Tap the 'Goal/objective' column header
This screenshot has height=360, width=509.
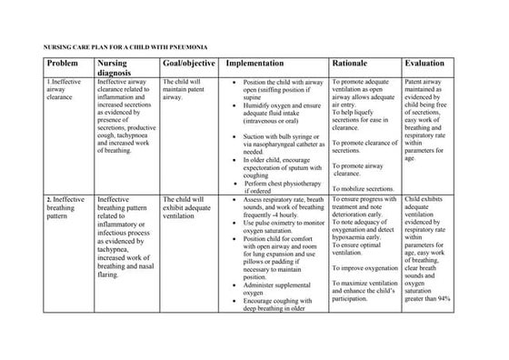(189, 63)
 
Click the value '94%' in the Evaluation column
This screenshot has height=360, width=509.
(444, 299)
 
